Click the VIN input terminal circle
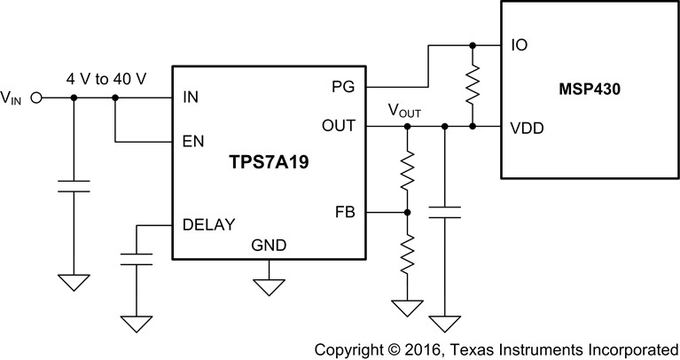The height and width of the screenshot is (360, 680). tap(37, 98)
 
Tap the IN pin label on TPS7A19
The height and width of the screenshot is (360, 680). tap(190, 98)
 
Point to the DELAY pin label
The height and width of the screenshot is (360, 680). tap(208, 224)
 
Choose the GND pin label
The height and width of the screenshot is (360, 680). tap(269, 245)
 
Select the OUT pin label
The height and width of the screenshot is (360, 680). tap(338, 126)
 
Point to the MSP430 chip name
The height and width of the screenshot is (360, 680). tap(588, 90)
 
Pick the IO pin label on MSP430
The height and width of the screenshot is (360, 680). tap(519, 45)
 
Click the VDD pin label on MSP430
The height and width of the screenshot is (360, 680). tap(528, 127)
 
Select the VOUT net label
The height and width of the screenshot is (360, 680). tap(403, 112)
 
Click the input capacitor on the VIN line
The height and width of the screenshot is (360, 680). tap(74, 186)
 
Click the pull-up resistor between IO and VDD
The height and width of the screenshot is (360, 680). tap(473, 85)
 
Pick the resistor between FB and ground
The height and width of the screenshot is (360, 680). tap(407, 255)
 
